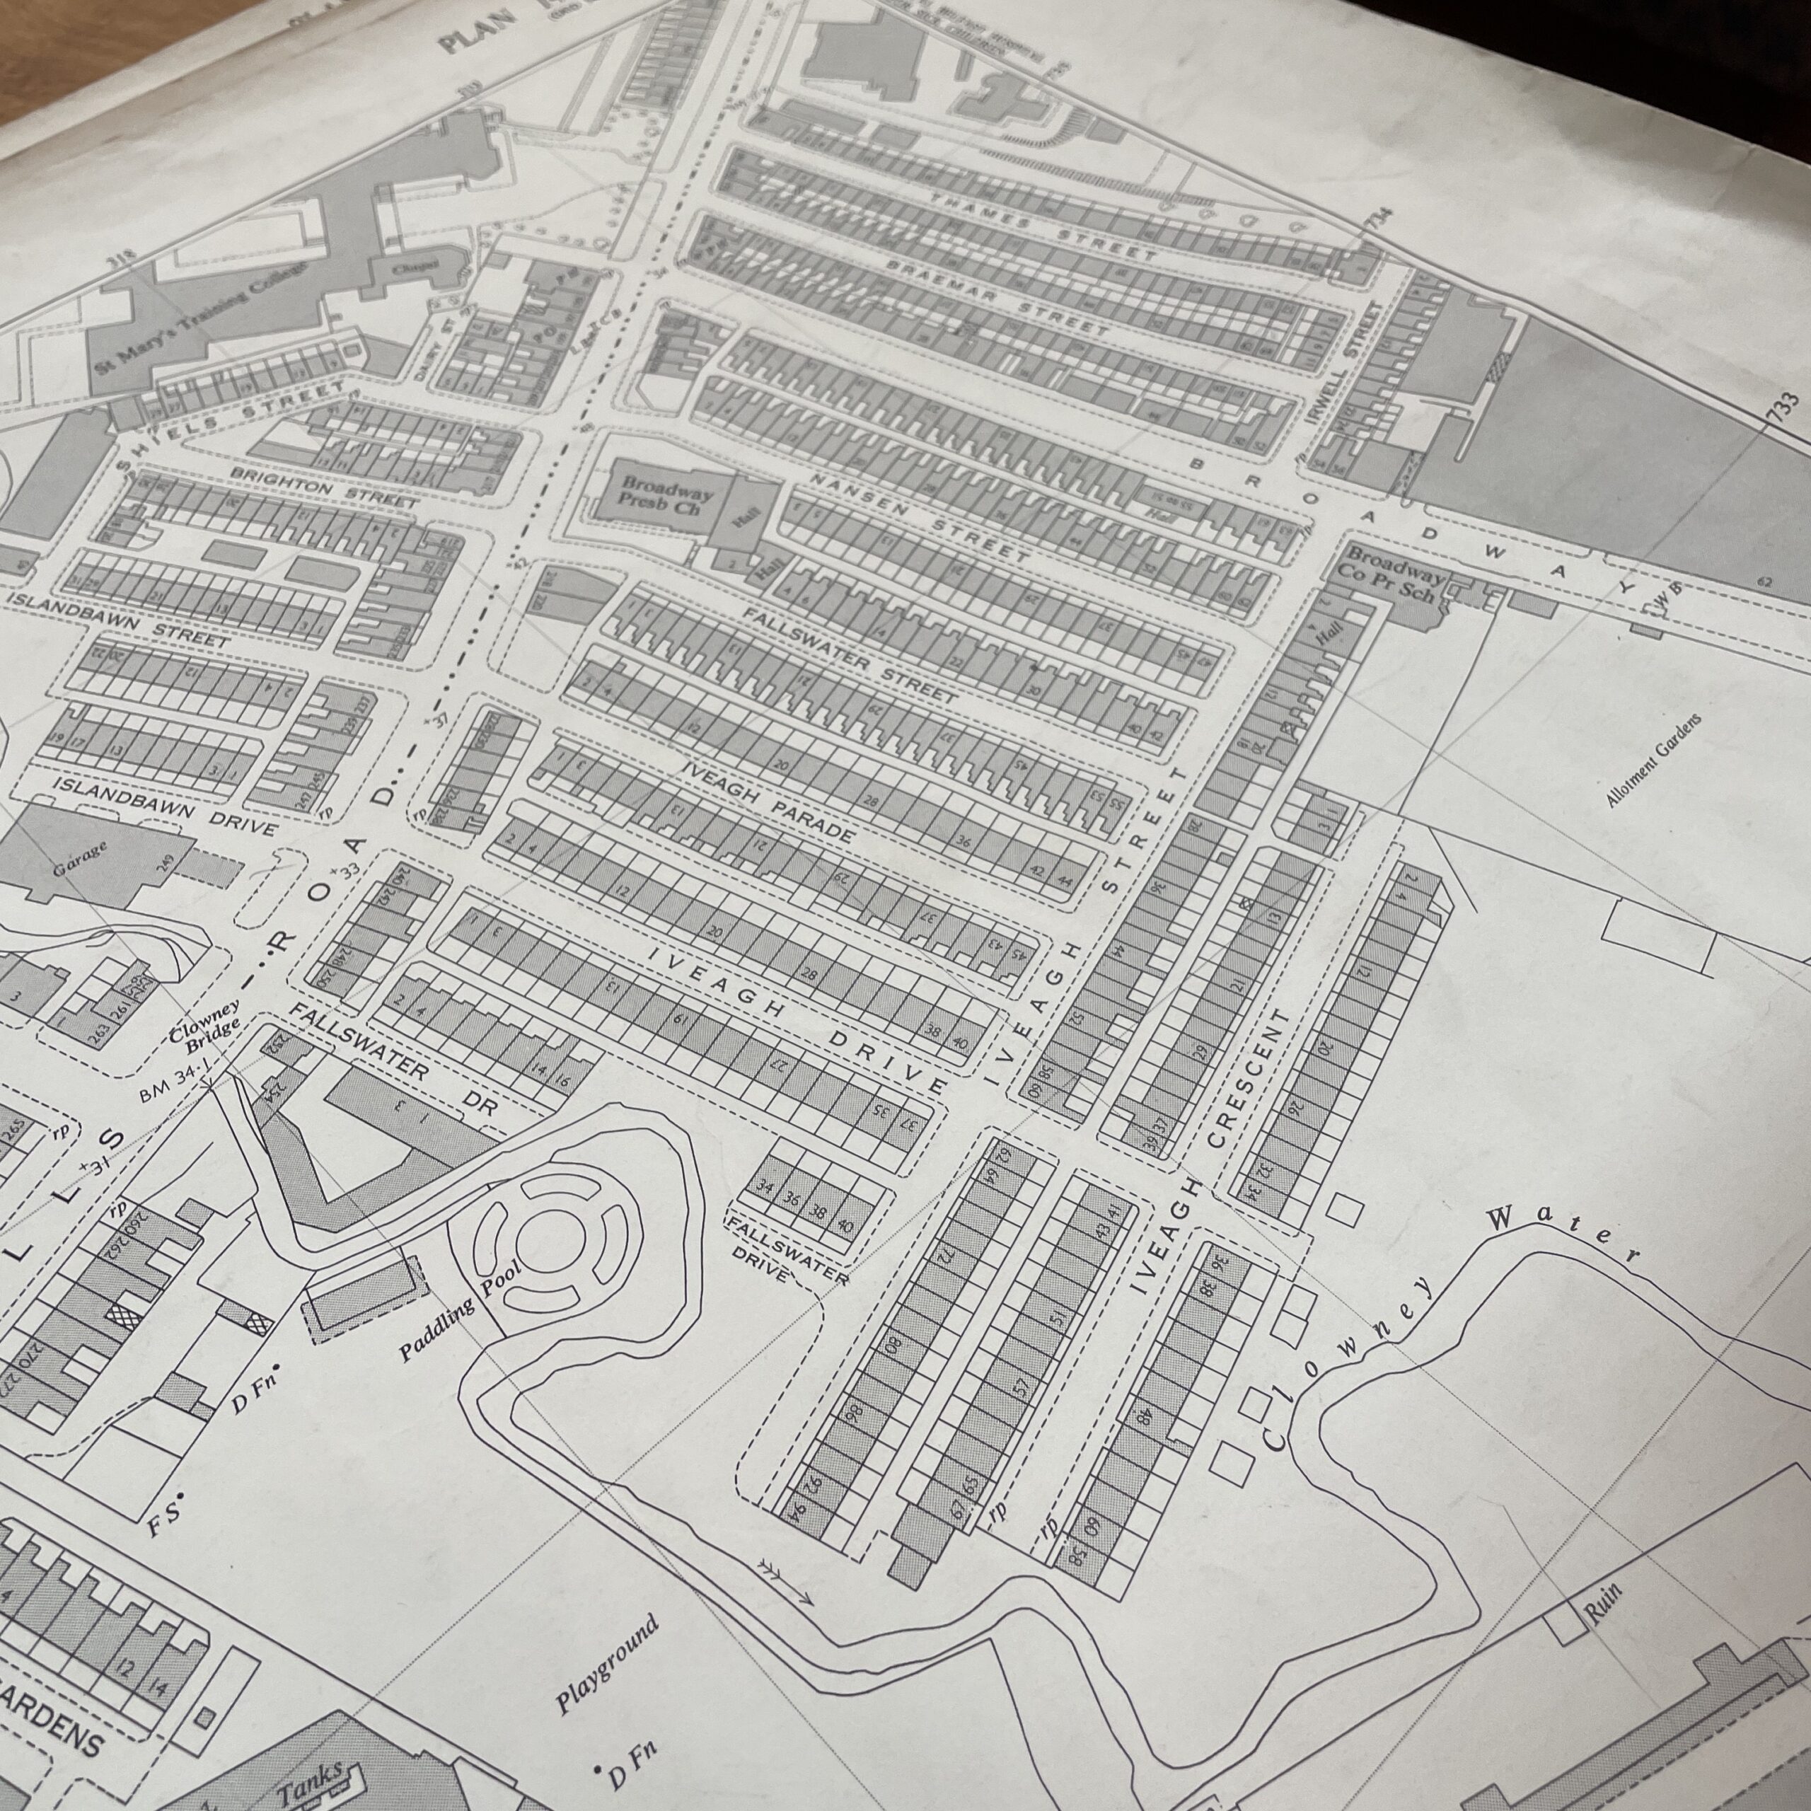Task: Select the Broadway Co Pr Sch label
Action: click(x=1395, y=577)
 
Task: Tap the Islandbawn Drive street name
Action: click(x=165, y=805)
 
